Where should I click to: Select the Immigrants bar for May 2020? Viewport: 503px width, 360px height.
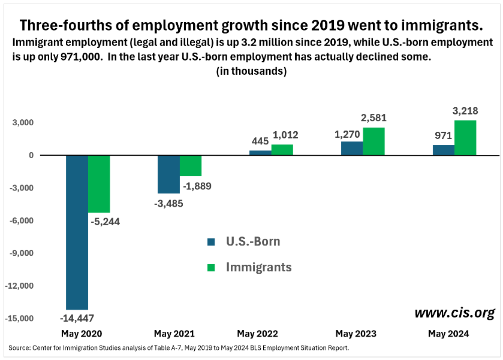point(99,184)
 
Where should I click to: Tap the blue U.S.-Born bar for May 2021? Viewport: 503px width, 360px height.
point(168,174)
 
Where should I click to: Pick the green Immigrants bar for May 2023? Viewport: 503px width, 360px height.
point(374,141)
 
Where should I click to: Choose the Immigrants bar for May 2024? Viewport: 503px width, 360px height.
point(465,138)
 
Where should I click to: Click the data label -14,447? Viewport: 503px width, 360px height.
point(77,318)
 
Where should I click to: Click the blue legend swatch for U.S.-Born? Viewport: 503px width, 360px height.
point(211,242)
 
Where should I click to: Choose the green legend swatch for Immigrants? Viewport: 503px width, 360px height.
point(211,268)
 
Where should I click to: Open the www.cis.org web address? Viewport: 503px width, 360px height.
point(454,313)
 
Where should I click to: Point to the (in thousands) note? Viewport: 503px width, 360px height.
point(251,71)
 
